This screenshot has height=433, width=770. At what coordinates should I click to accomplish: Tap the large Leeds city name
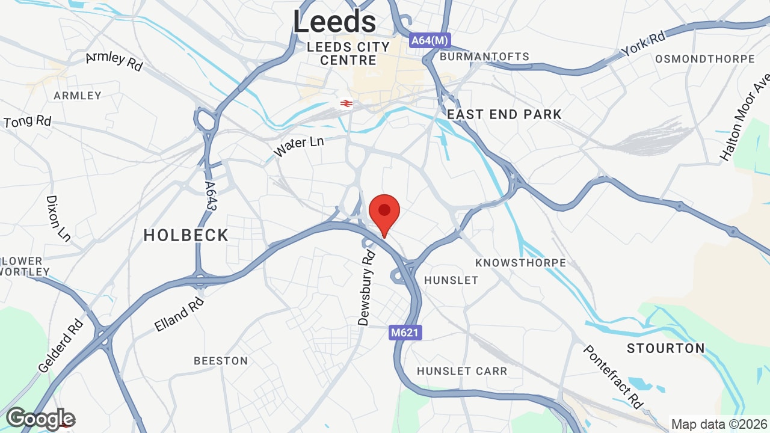coord(334,22)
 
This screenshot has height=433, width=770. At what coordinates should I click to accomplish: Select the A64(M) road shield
coord(430,40)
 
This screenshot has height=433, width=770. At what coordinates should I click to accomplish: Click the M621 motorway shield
coord(405,333)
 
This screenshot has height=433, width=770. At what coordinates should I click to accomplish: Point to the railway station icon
coord(346,103)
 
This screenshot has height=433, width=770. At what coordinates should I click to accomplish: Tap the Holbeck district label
coord(186,235)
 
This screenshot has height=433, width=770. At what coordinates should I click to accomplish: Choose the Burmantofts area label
coord(485,57)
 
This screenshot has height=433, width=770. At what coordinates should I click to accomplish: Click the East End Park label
coord(504,114)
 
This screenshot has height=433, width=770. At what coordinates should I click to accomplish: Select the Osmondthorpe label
coord(704,59)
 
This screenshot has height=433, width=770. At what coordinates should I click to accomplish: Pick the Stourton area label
coord(665,348)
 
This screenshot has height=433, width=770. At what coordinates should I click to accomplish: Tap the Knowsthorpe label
coord(520,263)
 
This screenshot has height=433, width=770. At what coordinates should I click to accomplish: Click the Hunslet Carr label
coord(462,371)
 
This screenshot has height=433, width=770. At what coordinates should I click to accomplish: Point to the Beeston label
coord(221,361)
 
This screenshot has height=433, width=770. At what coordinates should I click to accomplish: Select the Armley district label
coord(78,96)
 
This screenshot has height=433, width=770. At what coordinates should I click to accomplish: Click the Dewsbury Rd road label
coord(367,289)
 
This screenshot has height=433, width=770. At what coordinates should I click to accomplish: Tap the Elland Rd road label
coord(179,313)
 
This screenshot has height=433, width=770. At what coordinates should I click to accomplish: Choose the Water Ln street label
coord(298,146)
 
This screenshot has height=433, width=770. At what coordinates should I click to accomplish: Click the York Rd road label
coord(644,44)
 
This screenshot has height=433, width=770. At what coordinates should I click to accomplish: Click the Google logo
coord(40,419)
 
